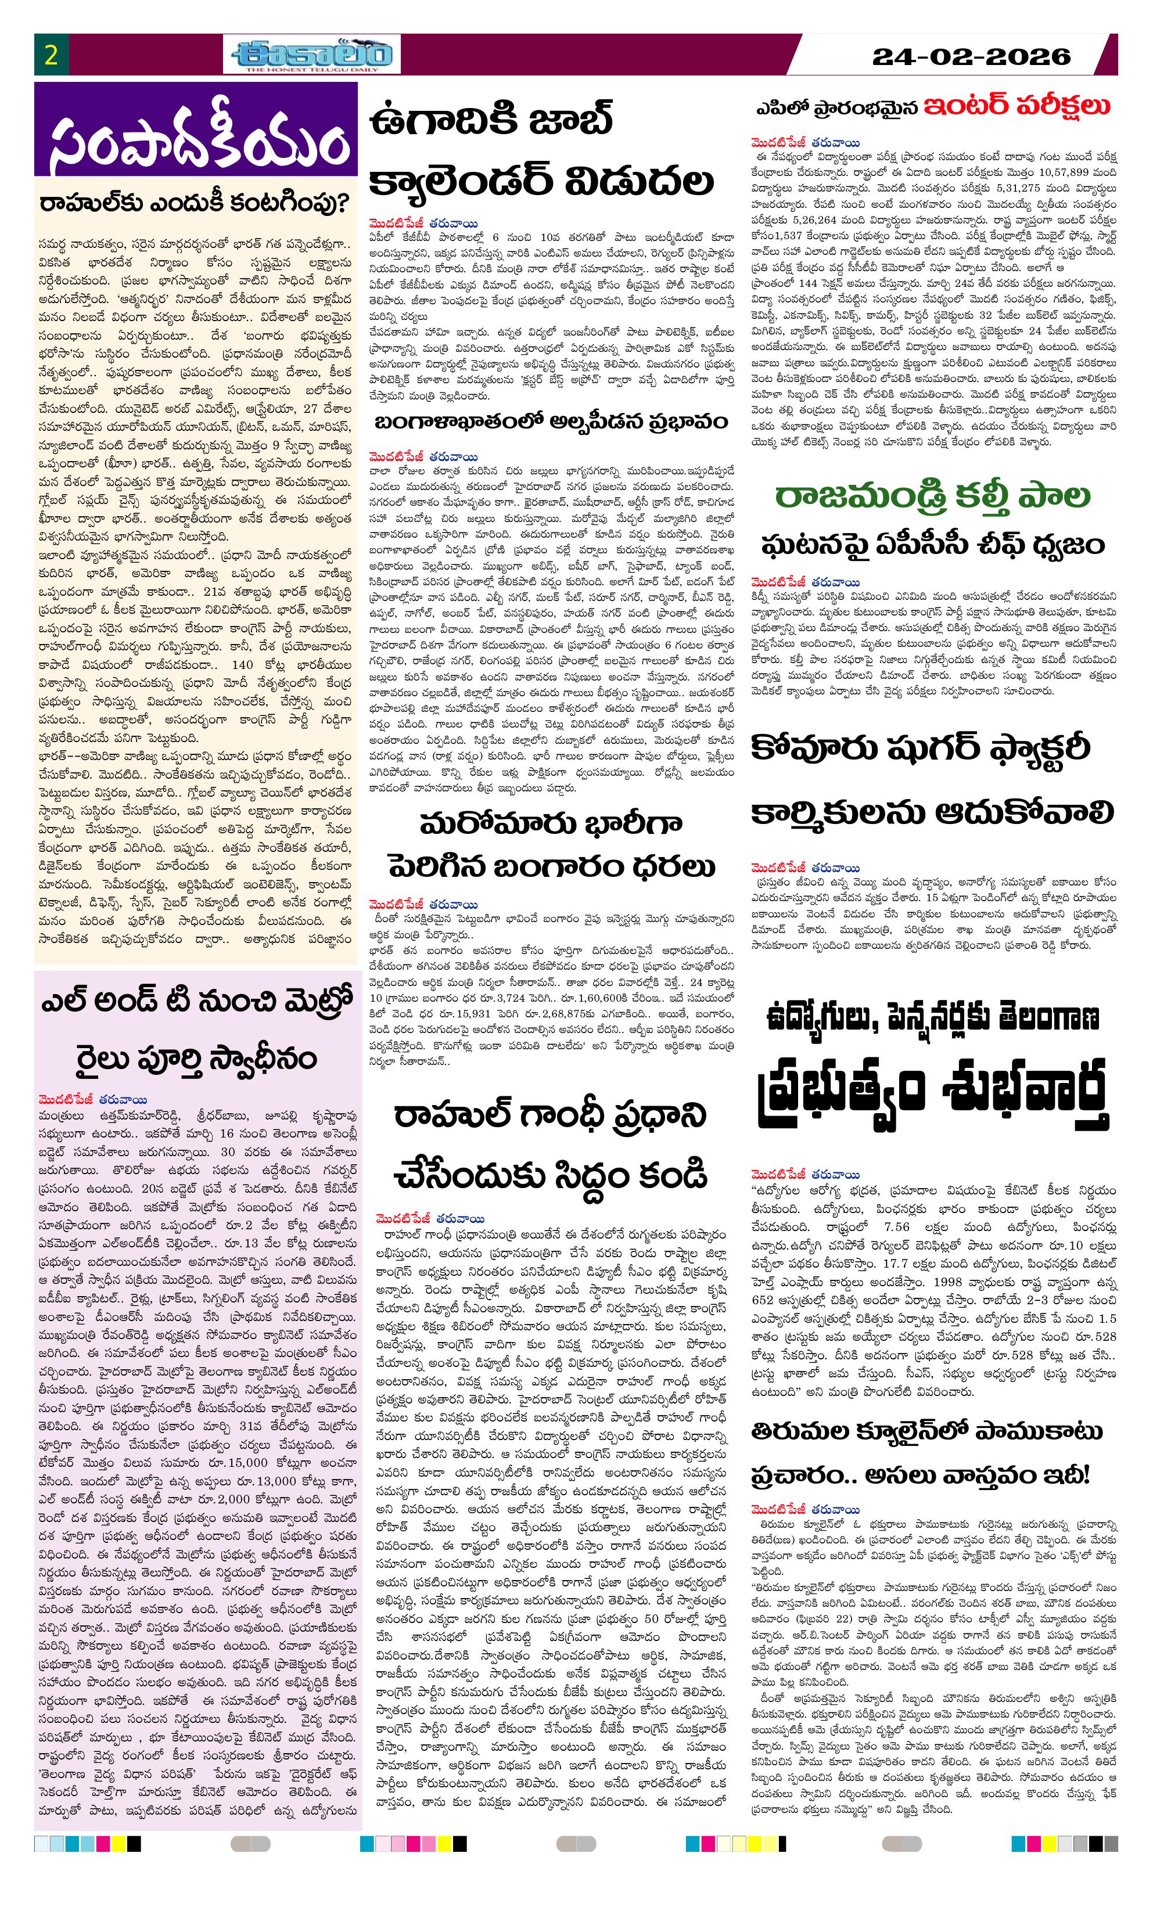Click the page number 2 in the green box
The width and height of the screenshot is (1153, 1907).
51,56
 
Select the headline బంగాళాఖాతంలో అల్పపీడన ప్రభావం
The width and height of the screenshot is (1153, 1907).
551,423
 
